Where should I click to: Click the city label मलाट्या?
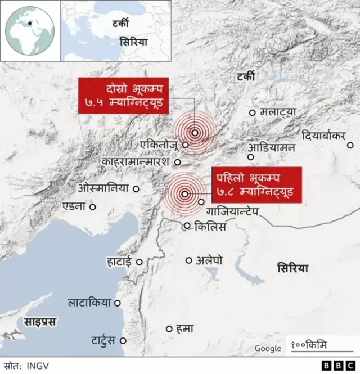[x=278, y=112]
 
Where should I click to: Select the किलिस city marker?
[x=188, y=226]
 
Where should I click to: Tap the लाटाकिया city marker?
[x=118, y=303]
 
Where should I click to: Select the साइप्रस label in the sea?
[x=39, y=322]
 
